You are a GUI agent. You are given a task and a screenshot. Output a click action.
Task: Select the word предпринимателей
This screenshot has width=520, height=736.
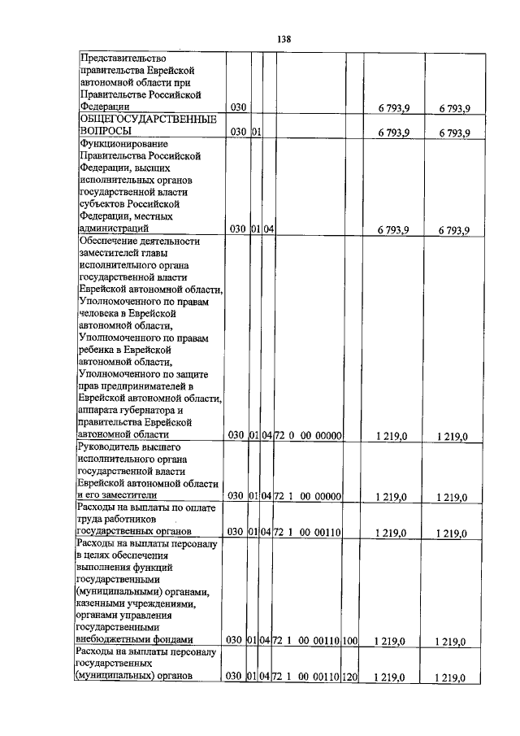pos(144,385)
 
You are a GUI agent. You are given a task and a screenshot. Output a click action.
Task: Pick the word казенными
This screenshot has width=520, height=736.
pos(105,603)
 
